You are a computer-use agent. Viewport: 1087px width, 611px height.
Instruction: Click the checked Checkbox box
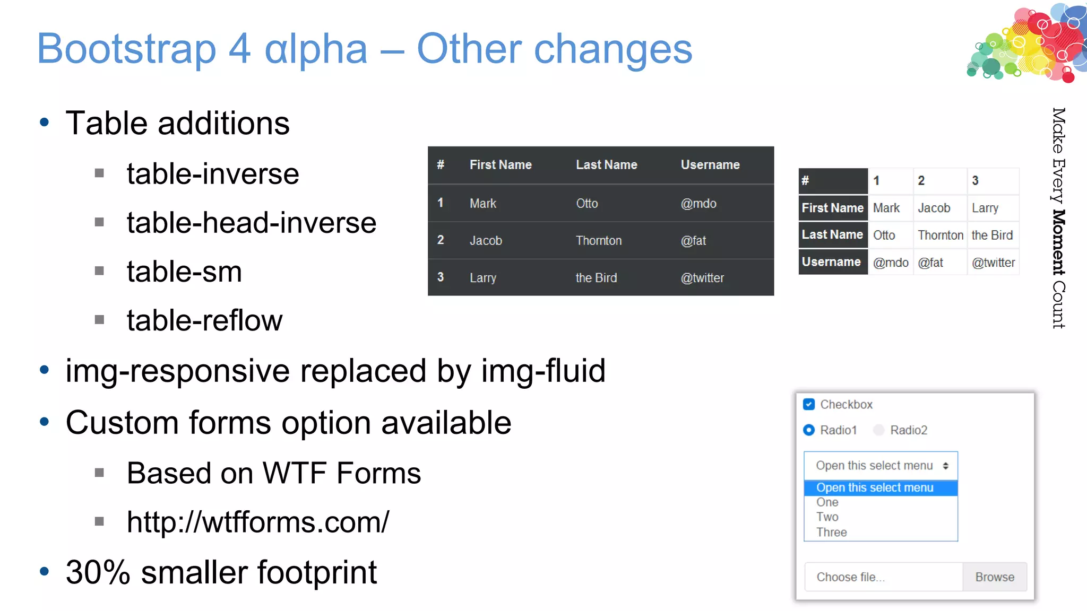(809, 405)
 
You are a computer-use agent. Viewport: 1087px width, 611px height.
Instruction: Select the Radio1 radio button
(809, 430)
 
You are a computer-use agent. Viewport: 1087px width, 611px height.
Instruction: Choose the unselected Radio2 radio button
(879, 430)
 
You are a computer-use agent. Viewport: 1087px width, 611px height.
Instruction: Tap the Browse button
(994, 577)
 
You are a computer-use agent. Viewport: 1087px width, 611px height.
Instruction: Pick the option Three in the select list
(831, 533)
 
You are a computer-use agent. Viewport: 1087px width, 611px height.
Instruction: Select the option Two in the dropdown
(827, 517)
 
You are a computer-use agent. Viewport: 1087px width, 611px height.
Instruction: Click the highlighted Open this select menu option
(875, 488)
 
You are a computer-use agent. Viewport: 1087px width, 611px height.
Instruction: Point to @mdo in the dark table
(698, 204)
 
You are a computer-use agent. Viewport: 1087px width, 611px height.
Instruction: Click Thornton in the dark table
(599, 241)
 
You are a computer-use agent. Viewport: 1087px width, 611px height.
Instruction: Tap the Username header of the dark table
(710, 165)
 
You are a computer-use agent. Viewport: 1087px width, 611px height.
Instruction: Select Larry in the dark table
(483, 278)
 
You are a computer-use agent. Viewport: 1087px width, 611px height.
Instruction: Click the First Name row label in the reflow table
(832, 208)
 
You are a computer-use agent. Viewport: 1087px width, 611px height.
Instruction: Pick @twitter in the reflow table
(993, 263)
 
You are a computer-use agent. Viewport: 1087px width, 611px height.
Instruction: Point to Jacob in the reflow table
(934, 208)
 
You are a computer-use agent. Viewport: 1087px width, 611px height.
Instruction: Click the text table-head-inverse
(252, 223)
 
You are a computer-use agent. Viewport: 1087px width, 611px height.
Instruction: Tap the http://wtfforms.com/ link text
(258, 522)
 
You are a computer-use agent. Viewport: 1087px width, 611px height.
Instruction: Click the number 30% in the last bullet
(98, 573)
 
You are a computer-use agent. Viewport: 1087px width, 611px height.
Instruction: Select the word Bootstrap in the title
(126, 49)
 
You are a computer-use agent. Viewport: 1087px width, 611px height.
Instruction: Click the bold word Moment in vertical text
(1058, 242)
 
